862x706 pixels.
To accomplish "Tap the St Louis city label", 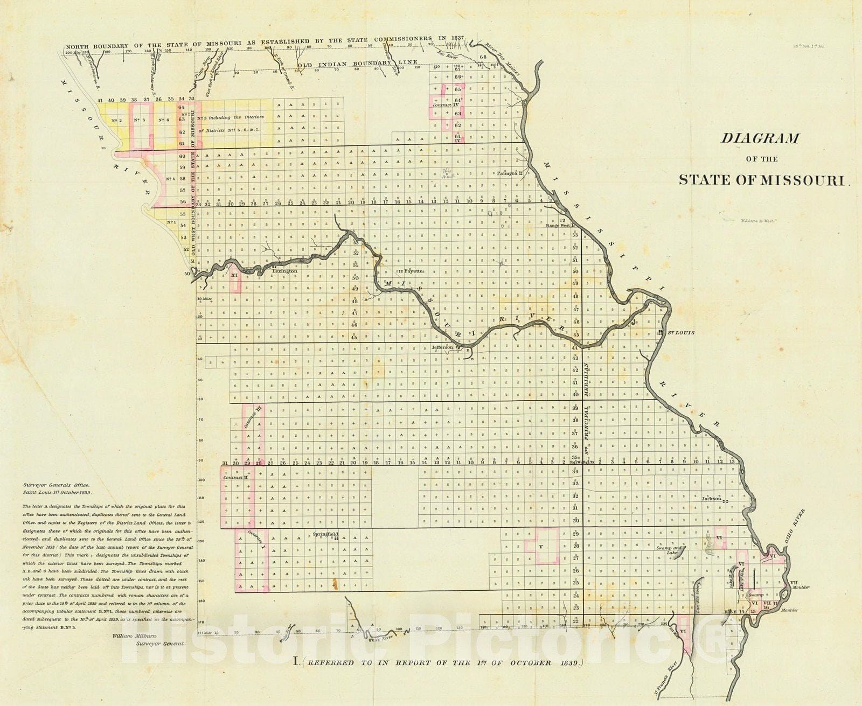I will point(681,333).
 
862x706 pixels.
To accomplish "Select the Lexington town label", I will point(284,271).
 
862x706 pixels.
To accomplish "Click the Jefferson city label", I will point(443,348).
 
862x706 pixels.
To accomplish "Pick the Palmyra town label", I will point(507,174).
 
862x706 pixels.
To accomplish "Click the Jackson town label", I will point(711,499).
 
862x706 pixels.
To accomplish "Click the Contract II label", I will point(235,478).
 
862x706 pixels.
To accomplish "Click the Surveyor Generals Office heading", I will point(58,485).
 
